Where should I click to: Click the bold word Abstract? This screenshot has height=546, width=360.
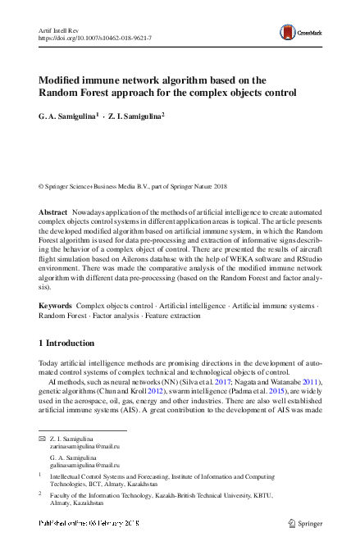[53, 212]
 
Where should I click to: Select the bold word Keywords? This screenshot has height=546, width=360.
[55, 305]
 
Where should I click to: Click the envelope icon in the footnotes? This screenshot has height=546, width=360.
[42, 440]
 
